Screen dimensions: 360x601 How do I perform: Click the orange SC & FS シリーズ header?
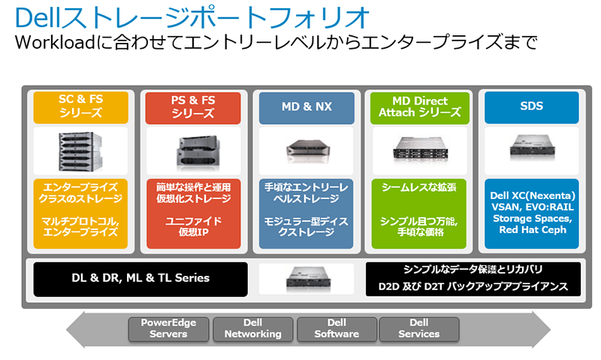[x=80, y=107]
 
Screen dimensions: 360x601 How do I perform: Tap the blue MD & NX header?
[x=306, y=107]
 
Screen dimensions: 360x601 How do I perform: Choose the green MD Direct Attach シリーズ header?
[x=420, y=107]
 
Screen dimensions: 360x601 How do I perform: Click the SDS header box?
[x=530, y=107]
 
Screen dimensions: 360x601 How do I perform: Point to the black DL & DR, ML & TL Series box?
[x=141, y=278]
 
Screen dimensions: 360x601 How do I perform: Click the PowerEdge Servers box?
[x=168, y=328]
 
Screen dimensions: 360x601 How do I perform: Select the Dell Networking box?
[x=254, y=328]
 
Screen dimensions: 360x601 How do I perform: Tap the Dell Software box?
[x=337, y=328]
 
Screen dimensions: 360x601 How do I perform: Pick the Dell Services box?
[x=419, y=328]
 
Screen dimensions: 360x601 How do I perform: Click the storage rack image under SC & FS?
[x=81, y=150]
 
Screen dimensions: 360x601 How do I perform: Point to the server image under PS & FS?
[x=193, y=150]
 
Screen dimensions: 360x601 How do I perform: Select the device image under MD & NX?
[x=307, y=150]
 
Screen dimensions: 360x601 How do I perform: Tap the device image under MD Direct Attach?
[x=419, y=150]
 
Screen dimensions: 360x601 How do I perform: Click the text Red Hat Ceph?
[x=531, y=229]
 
